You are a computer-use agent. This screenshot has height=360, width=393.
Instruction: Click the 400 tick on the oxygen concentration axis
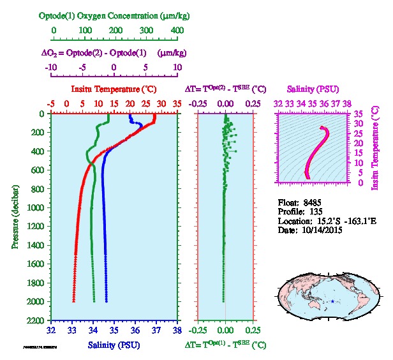(177, 30)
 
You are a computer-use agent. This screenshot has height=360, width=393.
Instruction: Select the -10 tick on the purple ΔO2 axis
(50, 67)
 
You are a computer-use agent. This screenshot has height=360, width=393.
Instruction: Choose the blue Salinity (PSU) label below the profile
(114, 345)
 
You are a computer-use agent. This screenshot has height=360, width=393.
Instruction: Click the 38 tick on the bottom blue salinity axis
(177, 331)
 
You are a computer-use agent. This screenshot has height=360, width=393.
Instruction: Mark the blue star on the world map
(332, 301)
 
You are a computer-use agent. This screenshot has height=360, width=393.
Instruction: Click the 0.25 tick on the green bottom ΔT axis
(253, 331)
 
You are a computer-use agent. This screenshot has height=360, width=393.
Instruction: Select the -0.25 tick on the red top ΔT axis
(198, 103)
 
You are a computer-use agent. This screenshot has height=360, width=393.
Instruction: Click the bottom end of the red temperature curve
(75, 301)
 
